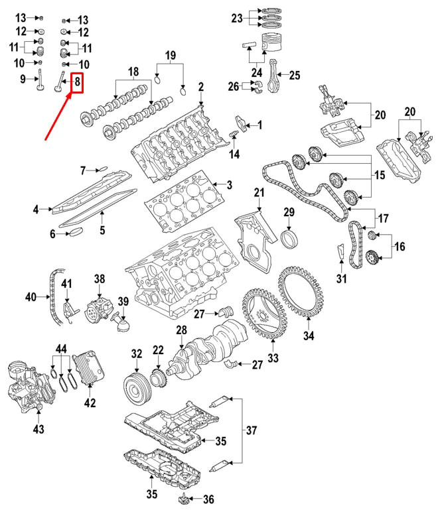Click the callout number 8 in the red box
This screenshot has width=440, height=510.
[x=78, y=83]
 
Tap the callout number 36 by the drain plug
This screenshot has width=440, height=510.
[x=208, y=499]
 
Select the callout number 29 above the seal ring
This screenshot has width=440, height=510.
[x=289, y=212]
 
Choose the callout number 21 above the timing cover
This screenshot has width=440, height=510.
[x=259, y=192]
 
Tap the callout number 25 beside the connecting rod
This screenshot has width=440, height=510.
[x=295, y=75]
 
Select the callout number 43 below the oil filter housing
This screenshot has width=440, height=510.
[x=38, y=429]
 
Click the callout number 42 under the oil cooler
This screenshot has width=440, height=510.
[x=90, y=403]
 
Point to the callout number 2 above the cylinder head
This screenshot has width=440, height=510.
[x=200, y=86]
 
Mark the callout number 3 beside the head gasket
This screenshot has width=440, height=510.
[x=229, y=184]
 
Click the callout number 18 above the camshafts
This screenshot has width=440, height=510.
[x=133, y=72]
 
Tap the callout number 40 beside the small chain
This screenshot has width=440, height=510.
[x=31, y=297]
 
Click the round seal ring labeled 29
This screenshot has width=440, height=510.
[x=290, y=237]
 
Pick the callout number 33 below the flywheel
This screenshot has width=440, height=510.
[x=273, y=359]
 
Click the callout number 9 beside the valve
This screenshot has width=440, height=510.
[x=22, y=80]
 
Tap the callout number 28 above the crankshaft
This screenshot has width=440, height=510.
[x=181, y=330]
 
